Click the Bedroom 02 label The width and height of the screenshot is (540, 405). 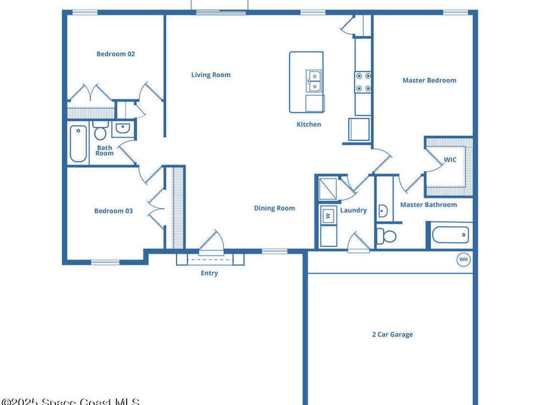115,54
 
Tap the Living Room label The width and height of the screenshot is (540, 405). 210,75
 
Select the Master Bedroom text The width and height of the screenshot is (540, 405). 429,80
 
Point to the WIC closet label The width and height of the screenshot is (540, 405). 450,159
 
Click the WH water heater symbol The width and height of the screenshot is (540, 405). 464,259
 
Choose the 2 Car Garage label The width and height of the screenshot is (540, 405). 392,334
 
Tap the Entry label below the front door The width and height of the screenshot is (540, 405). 209,273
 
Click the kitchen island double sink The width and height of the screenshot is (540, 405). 314,81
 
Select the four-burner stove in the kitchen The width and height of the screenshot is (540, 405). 363,82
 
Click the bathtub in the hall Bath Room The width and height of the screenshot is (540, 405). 78,143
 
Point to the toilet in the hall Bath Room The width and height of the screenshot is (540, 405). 100,131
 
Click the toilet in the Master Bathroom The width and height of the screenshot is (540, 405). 388,236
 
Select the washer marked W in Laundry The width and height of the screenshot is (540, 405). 328,216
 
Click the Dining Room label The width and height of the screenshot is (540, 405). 274,208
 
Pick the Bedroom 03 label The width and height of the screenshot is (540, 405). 113,211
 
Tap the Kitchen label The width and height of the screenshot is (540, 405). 308,124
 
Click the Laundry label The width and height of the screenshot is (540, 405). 353,210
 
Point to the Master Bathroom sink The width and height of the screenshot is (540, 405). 383,211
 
